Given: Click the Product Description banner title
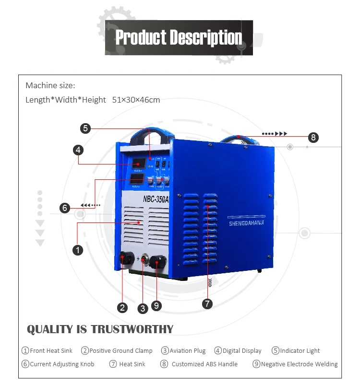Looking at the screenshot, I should pos(179,37).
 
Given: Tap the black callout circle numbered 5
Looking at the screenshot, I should pos(85,128).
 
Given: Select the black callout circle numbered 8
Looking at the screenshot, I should pos(313,138).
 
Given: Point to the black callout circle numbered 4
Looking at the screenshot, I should pos(78,150).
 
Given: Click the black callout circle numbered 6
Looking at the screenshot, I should pos(65,208).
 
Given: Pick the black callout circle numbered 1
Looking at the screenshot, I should pos(77,249).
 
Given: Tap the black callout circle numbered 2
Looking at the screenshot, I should pos(123,308).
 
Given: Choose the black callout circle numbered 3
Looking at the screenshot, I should pos(143,309).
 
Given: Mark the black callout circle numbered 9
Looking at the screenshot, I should pos(156,305).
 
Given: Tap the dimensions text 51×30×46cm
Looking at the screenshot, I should pos(136,100).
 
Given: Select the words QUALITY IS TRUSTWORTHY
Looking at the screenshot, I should pos(100,329).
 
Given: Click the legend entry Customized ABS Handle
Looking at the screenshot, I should pos(199,364).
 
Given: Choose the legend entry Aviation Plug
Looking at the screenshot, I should pos(184,351).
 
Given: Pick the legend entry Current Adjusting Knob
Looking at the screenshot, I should pos(58,364).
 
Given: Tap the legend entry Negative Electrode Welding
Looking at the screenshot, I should pos(295,364).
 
